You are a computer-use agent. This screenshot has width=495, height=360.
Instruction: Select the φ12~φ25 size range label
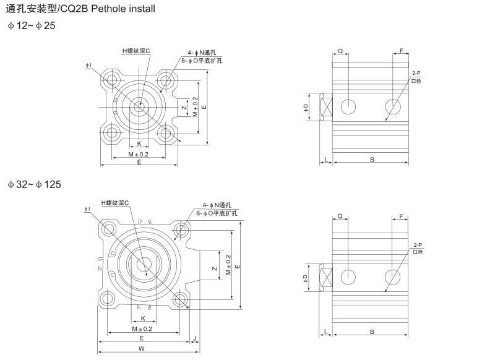(32, 26)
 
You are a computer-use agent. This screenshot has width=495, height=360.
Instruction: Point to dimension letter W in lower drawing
(142, 349)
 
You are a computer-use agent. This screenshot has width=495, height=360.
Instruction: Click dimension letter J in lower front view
(194, 338)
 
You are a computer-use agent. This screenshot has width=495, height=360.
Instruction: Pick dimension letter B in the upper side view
(372, 160)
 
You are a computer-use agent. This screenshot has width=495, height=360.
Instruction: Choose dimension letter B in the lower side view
(372, 332)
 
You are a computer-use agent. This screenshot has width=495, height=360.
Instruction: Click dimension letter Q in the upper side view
(340, 50)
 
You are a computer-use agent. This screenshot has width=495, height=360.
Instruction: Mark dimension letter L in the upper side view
(325, 160)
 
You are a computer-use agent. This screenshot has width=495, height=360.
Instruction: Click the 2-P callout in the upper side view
(416, 74)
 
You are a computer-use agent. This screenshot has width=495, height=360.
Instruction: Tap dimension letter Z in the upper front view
(184, 107)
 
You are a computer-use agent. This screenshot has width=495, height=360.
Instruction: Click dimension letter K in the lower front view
(143, 318)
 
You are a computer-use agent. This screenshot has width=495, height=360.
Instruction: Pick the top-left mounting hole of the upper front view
(112, 79)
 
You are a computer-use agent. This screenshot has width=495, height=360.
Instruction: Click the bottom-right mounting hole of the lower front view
(181, 301)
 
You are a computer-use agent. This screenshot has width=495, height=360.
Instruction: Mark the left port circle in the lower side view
(349, 276)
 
